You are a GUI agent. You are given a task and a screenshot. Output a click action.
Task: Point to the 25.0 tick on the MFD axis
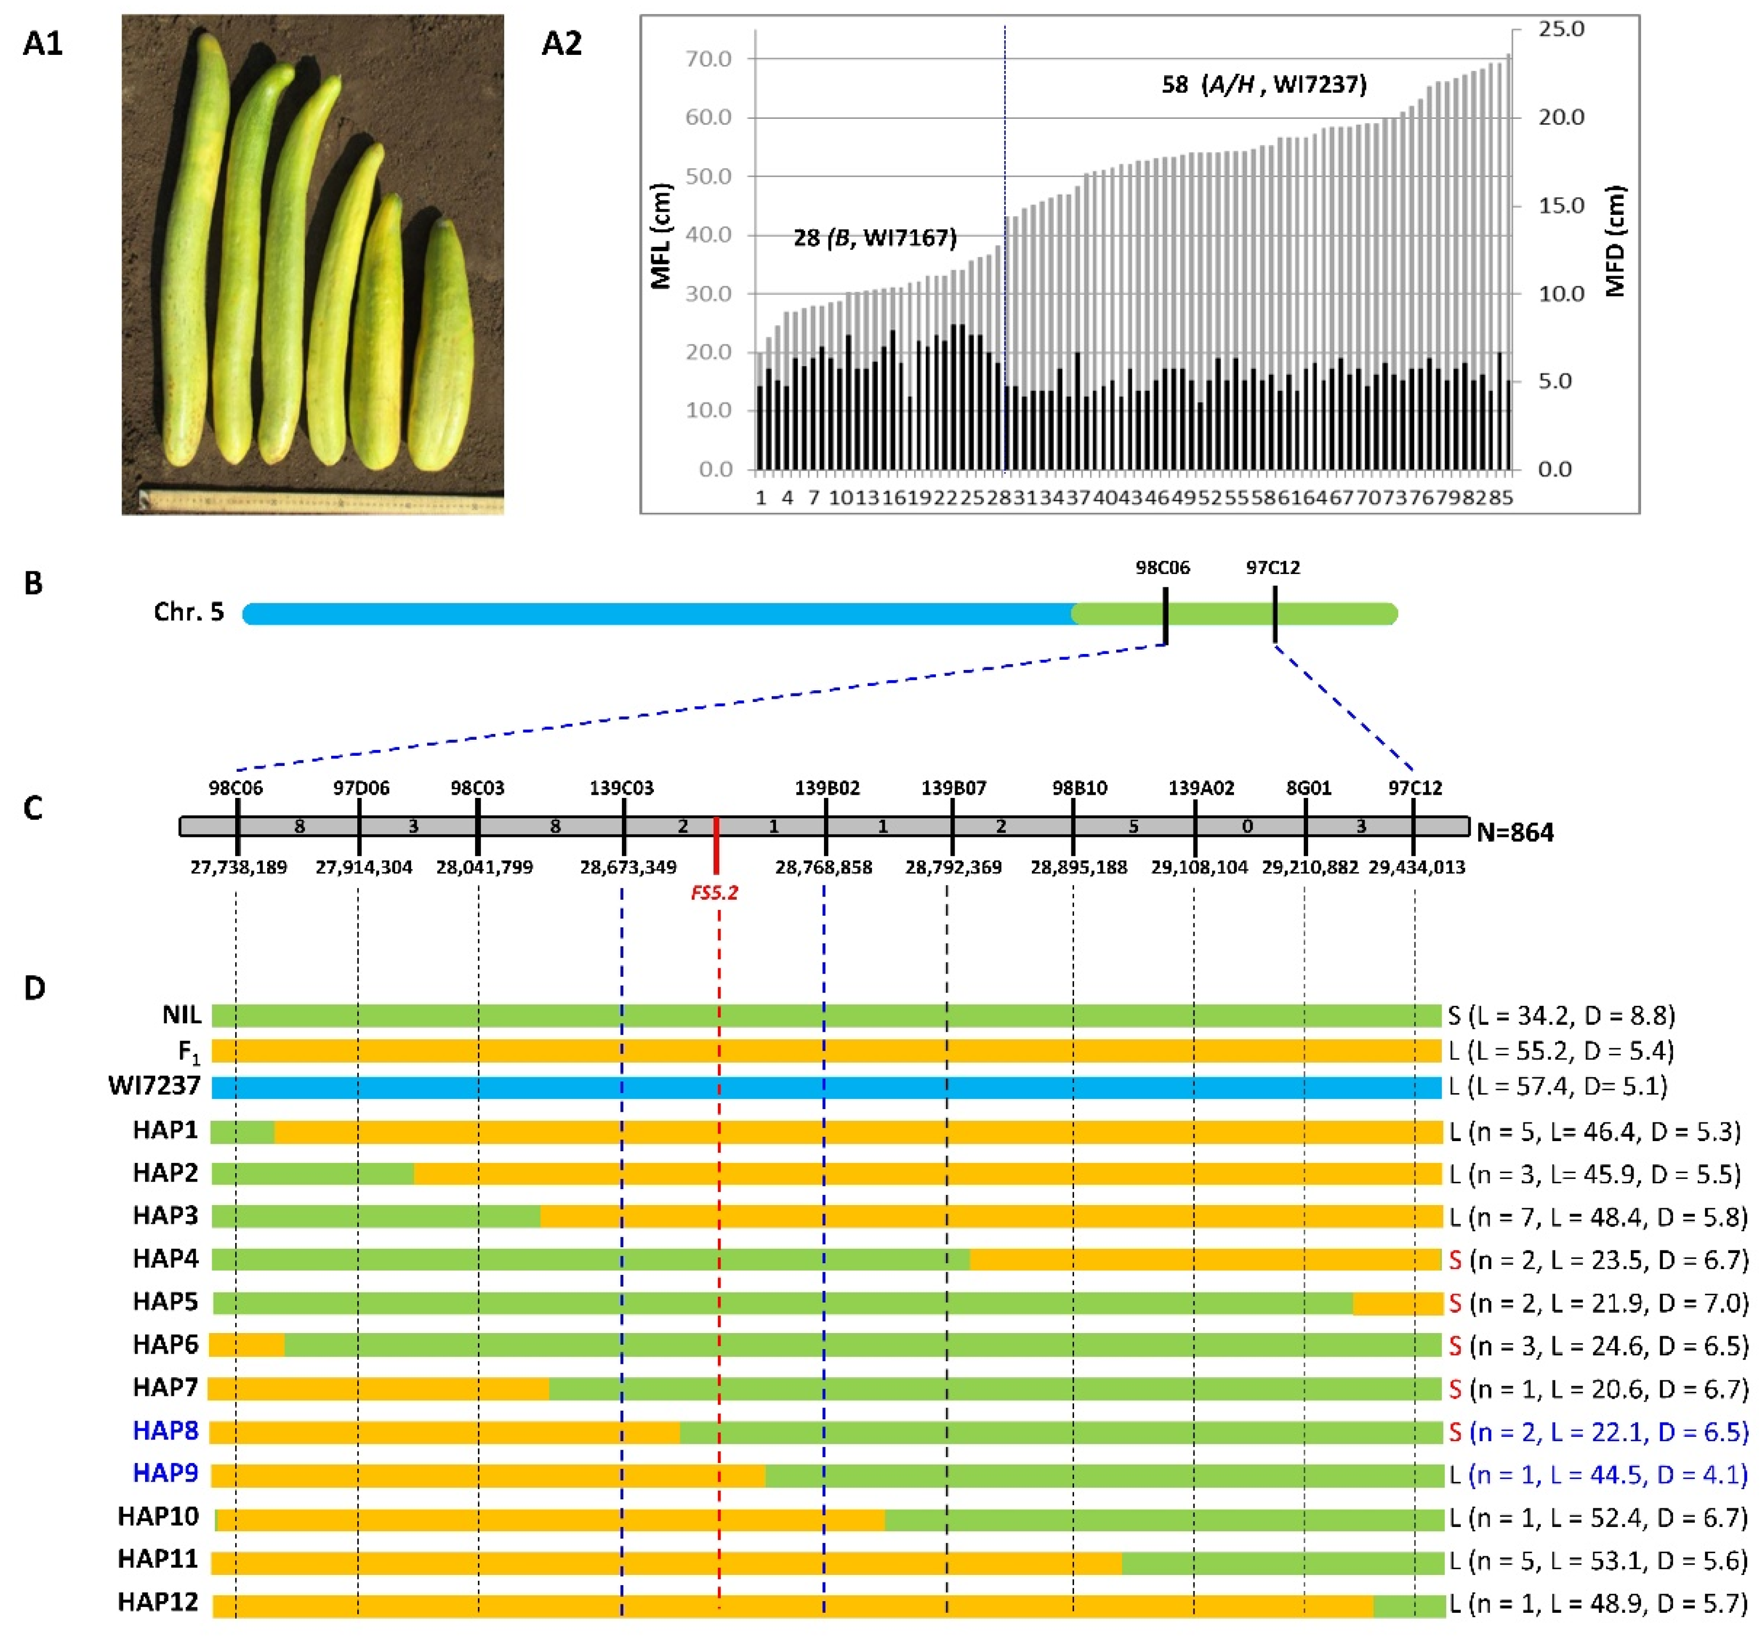pos(1561,29)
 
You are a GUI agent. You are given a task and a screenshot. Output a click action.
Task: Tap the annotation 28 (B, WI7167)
pos(874,238)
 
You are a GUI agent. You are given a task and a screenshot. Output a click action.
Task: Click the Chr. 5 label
pos(189,612)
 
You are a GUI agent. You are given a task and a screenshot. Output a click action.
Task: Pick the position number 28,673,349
pos(628,867)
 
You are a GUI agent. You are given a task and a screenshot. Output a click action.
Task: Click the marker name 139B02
pos(826,788)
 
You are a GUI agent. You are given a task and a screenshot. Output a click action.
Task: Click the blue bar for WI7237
pos(824,1087)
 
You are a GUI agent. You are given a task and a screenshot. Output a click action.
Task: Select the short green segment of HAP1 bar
pos(242,1132)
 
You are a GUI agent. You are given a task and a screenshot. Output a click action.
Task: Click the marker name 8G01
pos(1308,788)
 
